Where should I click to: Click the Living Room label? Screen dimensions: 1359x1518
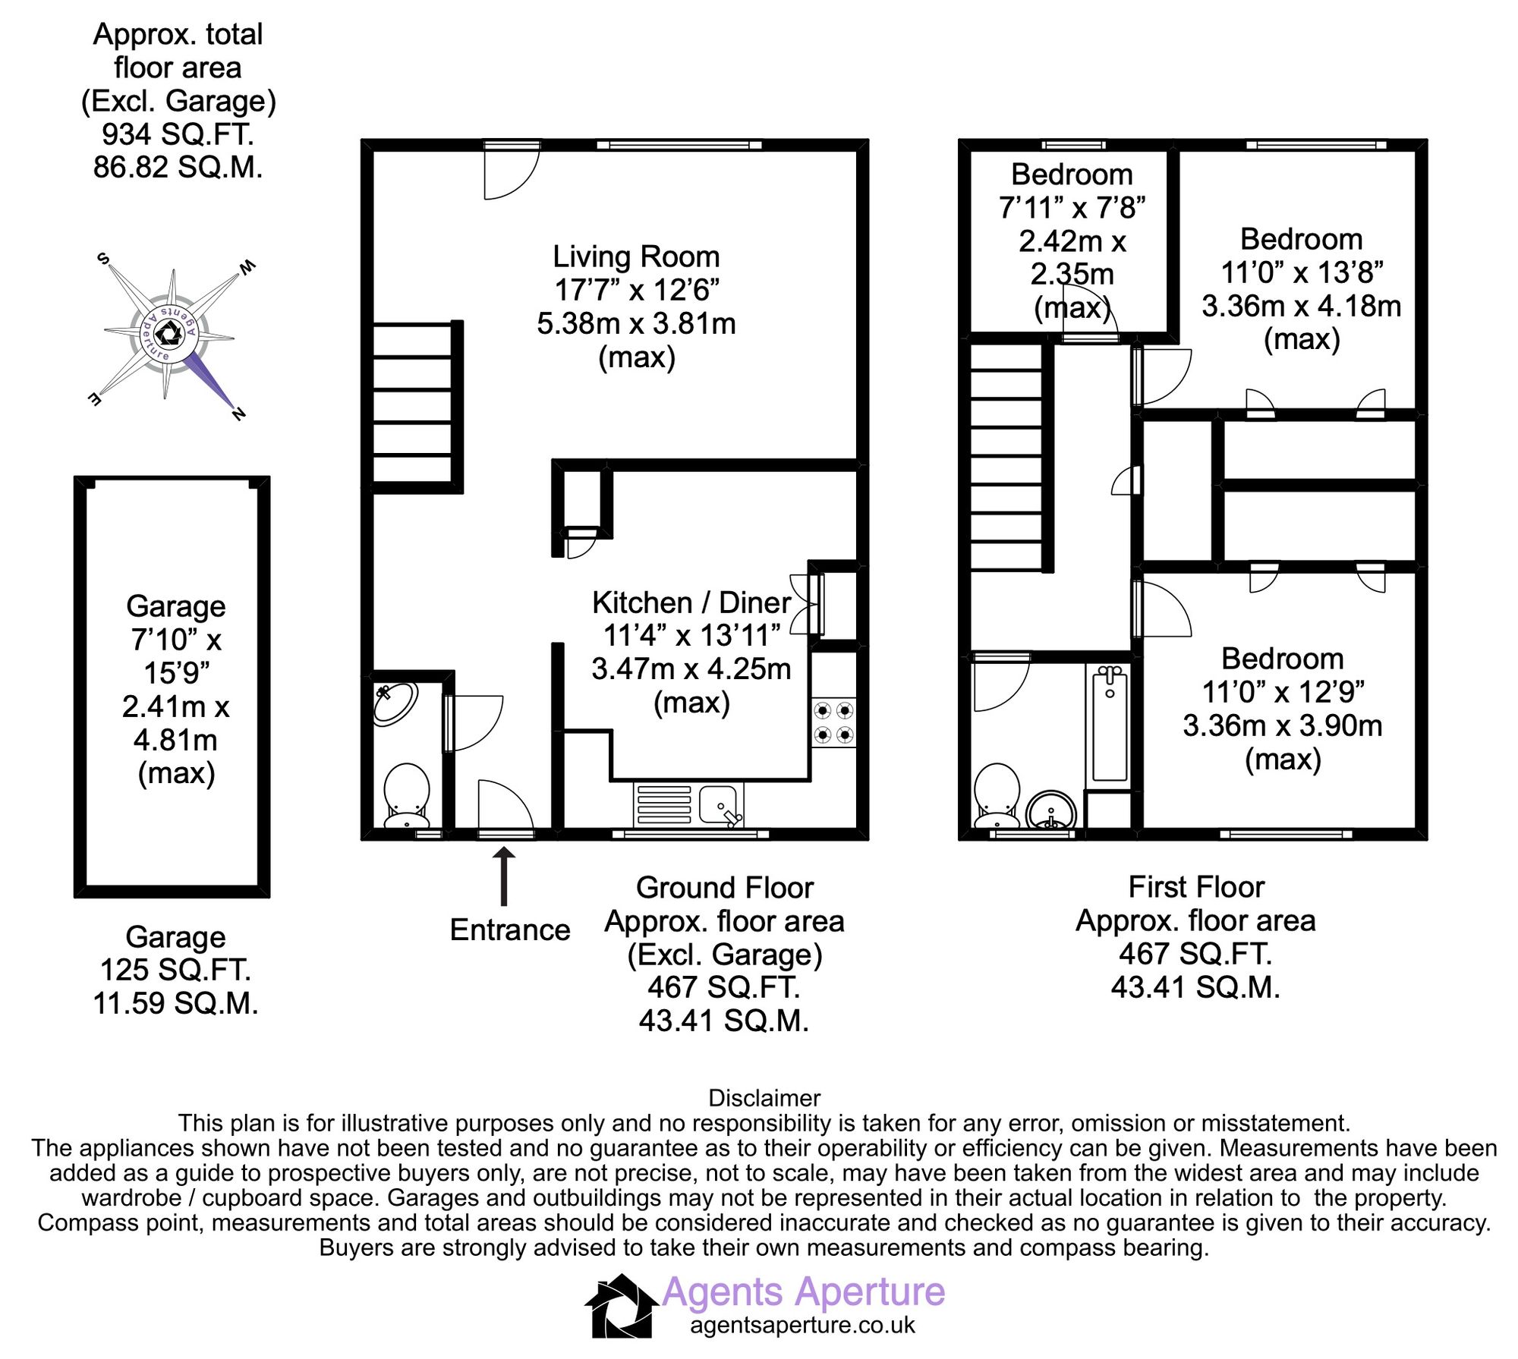(636, 257)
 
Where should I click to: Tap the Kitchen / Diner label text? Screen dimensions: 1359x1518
(691, 602)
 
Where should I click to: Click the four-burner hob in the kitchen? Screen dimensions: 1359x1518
(833, 722)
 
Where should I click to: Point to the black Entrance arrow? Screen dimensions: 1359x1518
(504, 876)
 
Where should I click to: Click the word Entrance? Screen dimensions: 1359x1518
(509, 930)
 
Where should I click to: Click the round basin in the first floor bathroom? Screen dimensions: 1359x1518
(1051, 813)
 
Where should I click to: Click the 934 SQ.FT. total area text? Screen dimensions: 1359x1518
(178, 134)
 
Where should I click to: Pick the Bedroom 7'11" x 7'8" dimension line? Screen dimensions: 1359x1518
(1072, 207)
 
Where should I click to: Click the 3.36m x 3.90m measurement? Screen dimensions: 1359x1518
(1282, 725)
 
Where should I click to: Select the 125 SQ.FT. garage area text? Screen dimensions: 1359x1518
(175, 970)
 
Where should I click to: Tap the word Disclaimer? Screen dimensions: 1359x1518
(764, 1098)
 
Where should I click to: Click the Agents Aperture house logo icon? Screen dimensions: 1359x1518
(621, 1305)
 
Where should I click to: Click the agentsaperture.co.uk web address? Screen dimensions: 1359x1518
(802, 1325)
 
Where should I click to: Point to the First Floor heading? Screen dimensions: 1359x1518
(1196, 887)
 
